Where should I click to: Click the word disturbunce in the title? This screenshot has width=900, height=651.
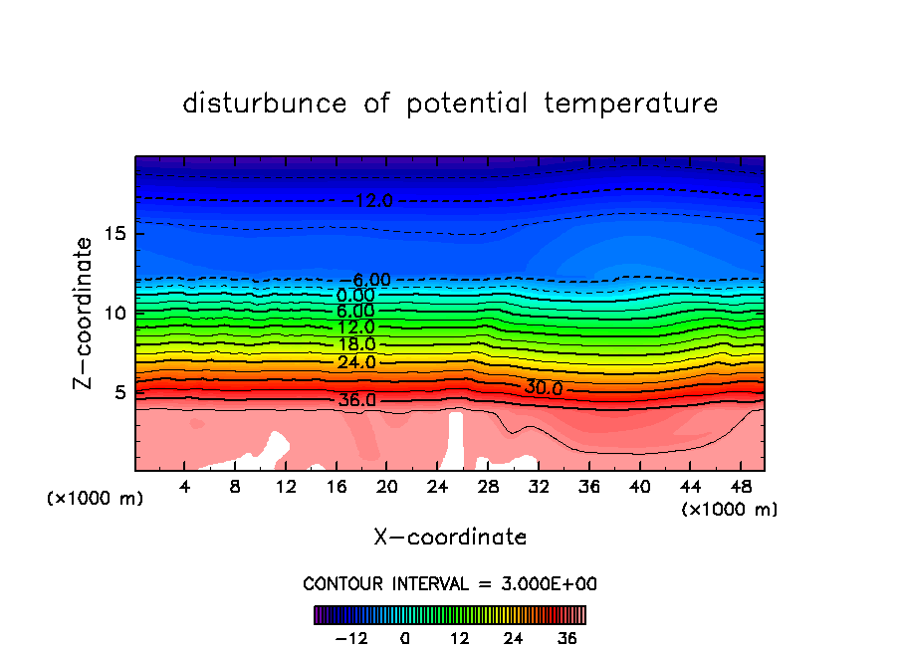pos(265,104)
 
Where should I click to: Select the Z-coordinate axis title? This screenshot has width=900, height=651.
pos(85,312)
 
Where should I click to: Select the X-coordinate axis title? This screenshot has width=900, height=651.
pos(450,538)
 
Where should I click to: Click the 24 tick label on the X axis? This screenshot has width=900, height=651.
pos(437,488)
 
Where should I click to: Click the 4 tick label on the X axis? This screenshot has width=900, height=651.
pos(185,488)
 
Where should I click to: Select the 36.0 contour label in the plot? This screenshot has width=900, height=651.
pos(356,400)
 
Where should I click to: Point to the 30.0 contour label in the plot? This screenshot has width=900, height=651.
pos(544,387)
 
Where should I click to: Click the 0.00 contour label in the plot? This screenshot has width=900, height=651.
pos(356,296)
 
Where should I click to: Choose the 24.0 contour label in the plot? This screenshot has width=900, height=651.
pos(356,362)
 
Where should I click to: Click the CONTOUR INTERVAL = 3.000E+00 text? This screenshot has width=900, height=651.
pos(450,583)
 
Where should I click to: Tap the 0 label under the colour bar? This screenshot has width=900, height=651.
pos(405,638)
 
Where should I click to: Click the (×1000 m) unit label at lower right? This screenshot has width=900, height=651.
pos(730,510)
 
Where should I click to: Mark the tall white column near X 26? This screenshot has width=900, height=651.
pos(456,440)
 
